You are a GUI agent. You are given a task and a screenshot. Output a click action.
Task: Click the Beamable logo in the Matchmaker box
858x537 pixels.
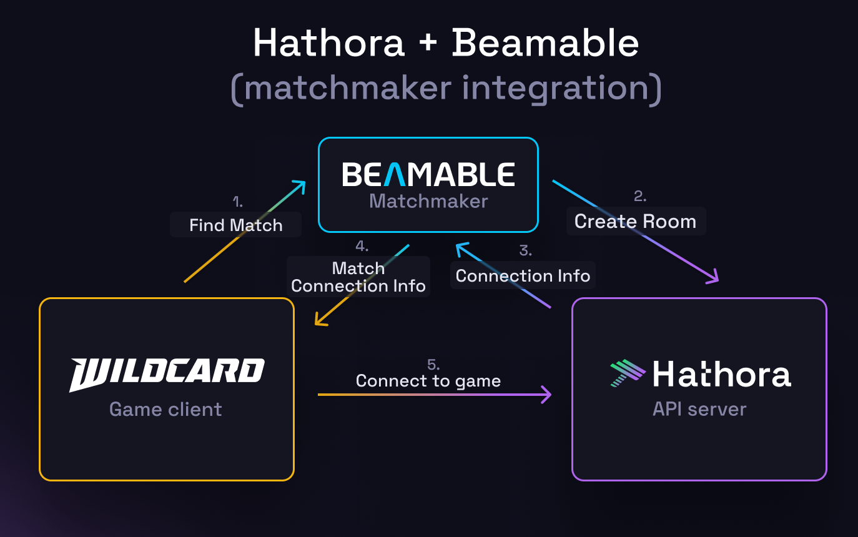click(x=428, y=174)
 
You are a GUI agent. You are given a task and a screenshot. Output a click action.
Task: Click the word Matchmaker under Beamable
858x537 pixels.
click(x=428, y=201)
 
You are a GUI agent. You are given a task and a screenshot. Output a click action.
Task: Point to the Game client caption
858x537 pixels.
click(x=165, y=410)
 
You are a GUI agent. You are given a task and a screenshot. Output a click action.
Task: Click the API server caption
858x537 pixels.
click(x=699, y=410)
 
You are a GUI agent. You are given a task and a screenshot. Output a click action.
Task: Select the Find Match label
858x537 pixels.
click(x=236, y=225)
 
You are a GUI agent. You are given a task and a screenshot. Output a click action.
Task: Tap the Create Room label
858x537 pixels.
click(x=635, y=222)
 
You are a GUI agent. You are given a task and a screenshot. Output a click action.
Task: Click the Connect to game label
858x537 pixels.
click(x=428, y=381)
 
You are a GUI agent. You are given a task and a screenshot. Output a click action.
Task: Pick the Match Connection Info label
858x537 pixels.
click(x=358, y=277)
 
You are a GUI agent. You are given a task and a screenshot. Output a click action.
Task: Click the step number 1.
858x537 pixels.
click(x=237, y=202)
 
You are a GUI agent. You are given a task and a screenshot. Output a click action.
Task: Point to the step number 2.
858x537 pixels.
click(x=639, y=197)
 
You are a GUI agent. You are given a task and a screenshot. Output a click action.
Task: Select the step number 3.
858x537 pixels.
click(x=526, y=251)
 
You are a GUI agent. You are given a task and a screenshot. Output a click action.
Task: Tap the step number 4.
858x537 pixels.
click(x=362, y=246)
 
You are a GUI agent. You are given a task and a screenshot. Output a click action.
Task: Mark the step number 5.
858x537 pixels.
click(x=433, y=365)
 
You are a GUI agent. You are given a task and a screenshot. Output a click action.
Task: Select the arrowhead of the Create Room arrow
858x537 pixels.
click(x=714, y=278)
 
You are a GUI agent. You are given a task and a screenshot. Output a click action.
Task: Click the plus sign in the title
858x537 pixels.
click(x=427, y=44)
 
